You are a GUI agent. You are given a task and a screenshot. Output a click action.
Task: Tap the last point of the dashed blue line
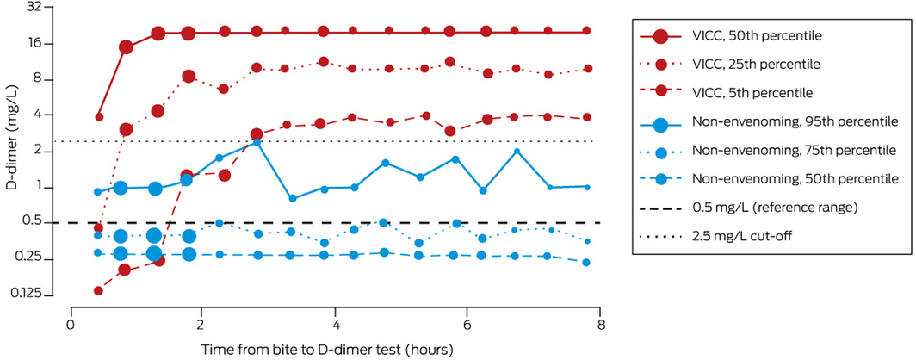tap(586, 263)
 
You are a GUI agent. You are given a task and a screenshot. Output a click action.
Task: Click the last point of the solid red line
tap(586, 31)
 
